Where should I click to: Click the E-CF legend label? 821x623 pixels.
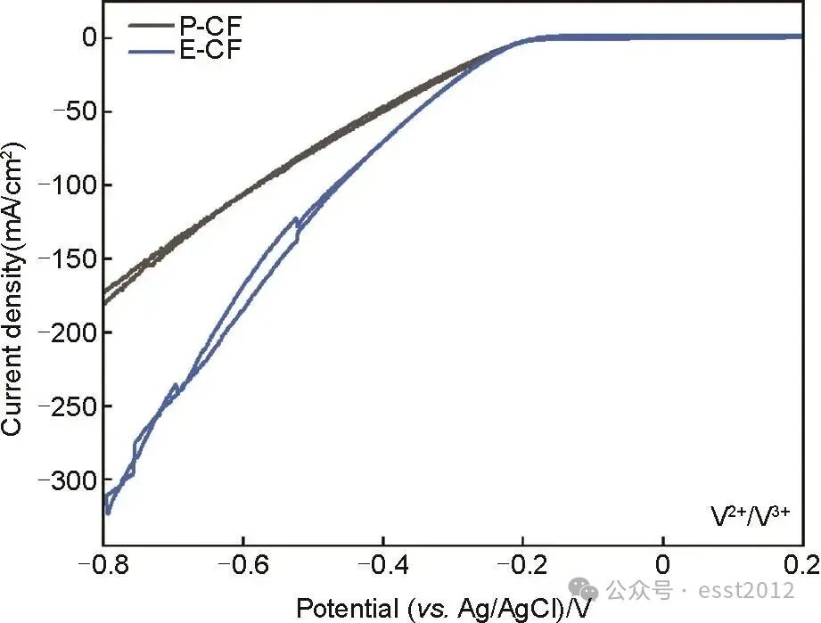tap(209, 49)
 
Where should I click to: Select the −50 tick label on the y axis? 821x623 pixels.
tap(72, 112)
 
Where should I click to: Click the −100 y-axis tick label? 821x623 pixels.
tap(67, 186)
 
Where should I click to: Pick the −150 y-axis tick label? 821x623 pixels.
tap(67, 260)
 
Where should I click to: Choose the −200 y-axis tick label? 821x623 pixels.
tap(67, 333)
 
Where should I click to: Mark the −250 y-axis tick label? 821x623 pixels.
tap(67, 407)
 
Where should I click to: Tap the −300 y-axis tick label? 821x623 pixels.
tap(67, 481)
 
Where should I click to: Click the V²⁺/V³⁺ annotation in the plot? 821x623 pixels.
tap(750, 515)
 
